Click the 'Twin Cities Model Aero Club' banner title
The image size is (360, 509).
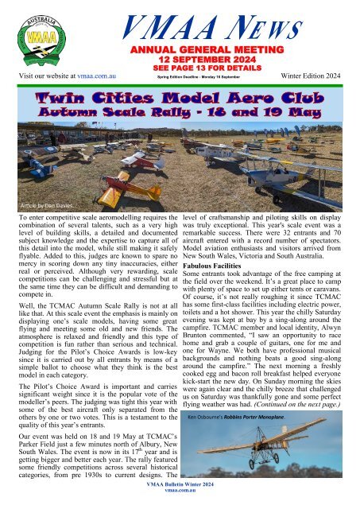pos(180,99)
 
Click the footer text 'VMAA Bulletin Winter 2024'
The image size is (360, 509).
pos(180,495)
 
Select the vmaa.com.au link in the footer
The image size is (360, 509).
pos(180,503)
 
